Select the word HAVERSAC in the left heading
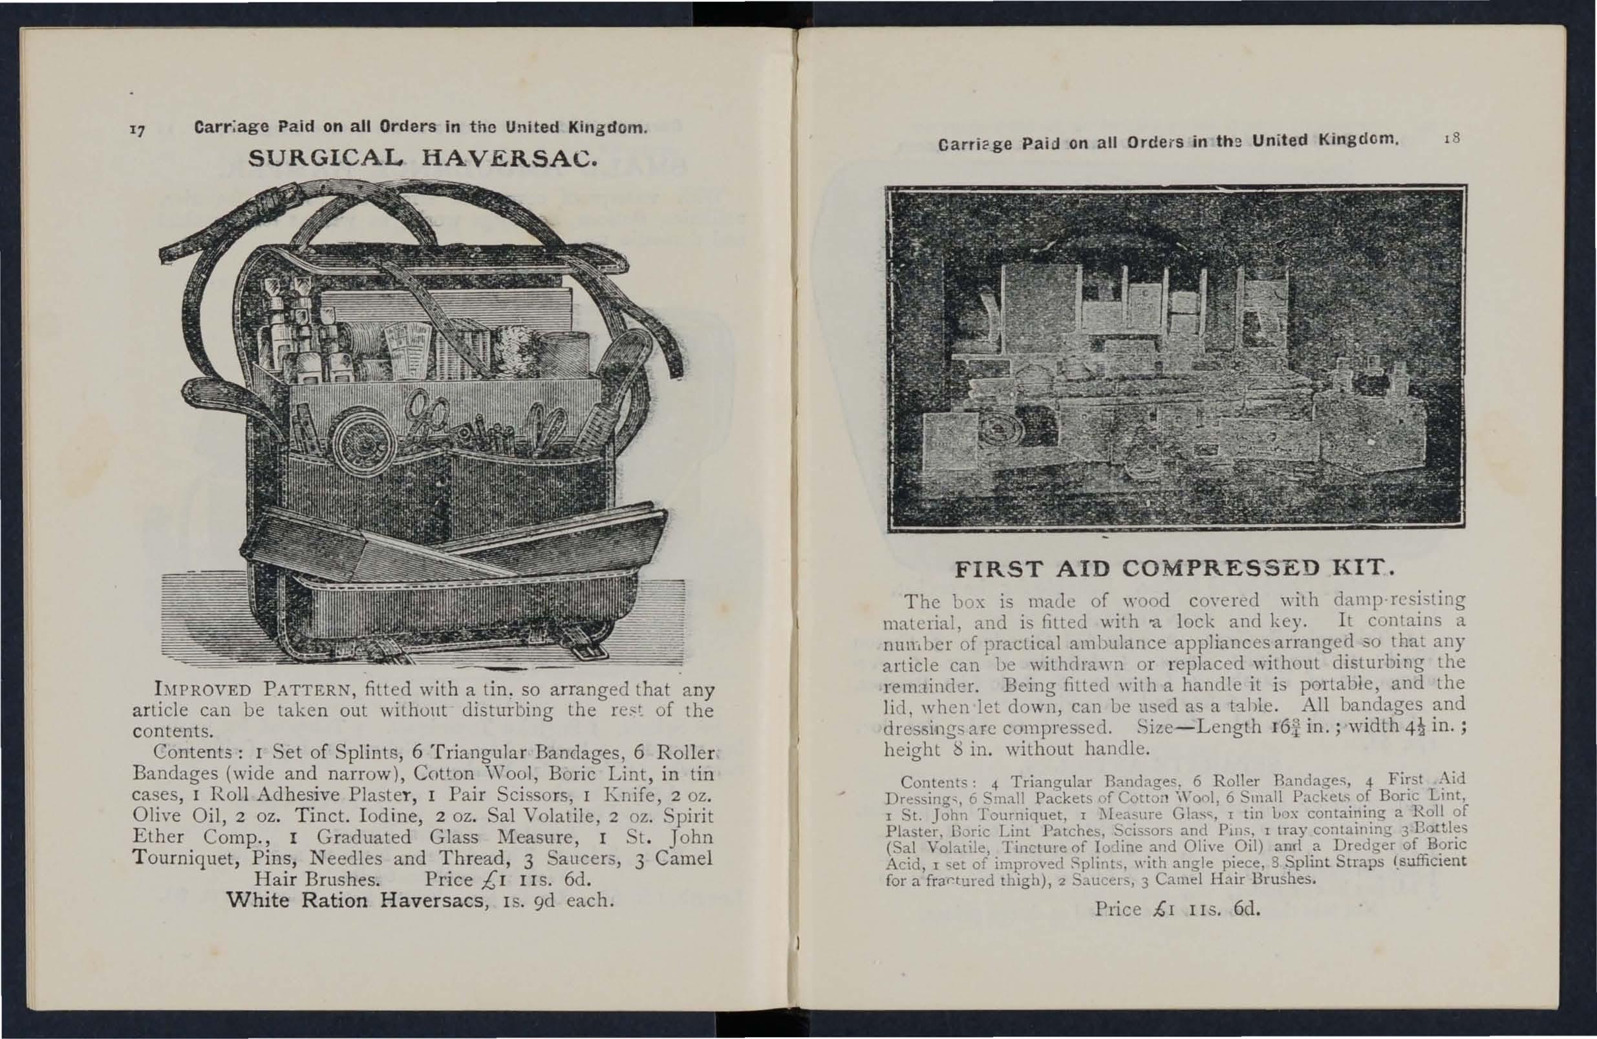click(x=509, y=159)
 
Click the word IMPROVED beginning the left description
click(x=202, y=689)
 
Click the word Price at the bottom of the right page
click(x=1118, y=909)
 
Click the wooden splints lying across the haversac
click(x=456, y=543)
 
